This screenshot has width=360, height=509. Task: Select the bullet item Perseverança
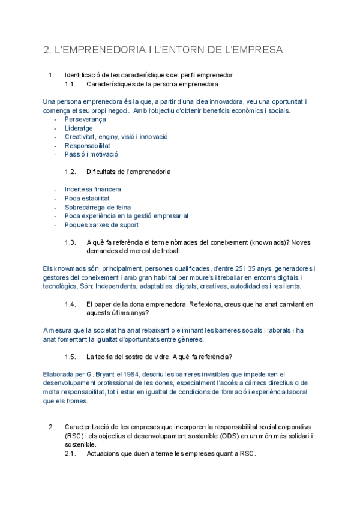[x=85, y=119]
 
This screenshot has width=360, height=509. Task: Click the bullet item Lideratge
[x=79, y=128]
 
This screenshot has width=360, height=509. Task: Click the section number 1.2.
[x=71, y=172]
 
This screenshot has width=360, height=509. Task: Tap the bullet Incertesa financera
[x=92, y=189]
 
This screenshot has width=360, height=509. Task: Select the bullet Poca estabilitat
[x=87, y=198]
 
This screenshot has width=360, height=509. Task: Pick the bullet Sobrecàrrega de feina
[x=98, y=207]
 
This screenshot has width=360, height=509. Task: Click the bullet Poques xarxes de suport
[x=101, y=225]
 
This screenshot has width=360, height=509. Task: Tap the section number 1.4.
[x=71, y=304]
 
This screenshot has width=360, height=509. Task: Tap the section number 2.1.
[x=71, y=454]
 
